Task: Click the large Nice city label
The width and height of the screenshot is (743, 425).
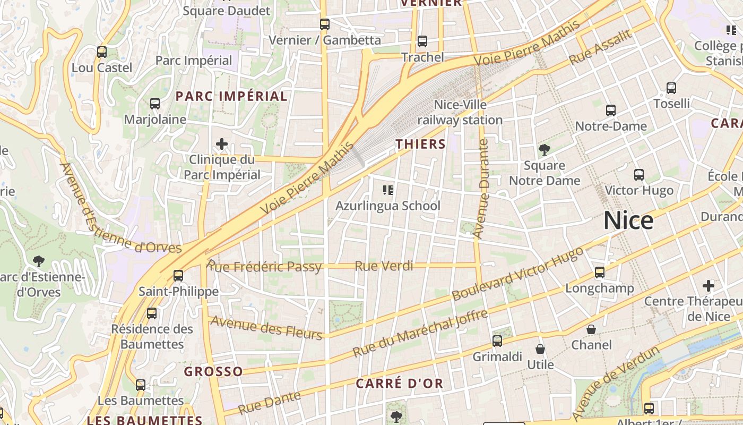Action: click(x=628, y=220)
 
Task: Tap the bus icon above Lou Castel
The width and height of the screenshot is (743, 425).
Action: click(x=101, y=52)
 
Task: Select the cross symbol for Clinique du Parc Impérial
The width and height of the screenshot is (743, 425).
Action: click(x=222, y=144)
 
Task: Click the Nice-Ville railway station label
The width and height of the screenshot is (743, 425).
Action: click(x=460, y=112)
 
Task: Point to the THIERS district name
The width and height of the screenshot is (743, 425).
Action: click(x=420, y=144)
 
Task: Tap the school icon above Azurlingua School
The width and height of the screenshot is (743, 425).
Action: click(x=388, y=190)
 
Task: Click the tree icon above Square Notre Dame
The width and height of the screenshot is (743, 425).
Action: click(x=544, y=149)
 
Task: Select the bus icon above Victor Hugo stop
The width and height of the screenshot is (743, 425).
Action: click(x=639, y=174)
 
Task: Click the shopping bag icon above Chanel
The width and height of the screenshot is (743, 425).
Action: click(x=591, y=329)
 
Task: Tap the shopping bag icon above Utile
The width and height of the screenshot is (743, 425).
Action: click(x=540, y=349)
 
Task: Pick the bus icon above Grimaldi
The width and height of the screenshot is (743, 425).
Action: click(x=497, y=341)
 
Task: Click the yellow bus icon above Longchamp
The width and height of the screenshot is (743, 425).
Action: click(x=600, y=272)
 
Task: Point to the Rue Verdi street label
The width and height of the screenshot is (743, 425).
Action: click(x=384, y=266)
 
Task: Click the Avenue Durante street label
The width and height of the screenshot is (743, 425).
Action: click(x=481, y=189)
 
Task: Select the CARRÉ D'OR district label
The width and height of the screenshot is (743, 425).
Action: click(x=399, y=384)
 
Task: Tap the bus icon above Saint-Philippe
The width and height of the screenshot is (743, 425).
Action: click(x=178, y=275)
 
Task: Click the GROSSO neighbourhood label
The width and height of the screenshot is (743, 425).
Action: click(x=213, y=371)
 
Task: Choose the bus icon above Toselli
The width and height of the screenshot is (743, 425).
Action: click(x=671, y=88)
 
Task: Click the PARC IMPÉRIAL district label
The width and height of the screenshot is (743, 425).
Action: click(x=231, y=96)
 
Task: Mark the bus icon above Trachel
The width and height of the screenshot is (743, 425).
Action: click(x=422, y=41)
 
